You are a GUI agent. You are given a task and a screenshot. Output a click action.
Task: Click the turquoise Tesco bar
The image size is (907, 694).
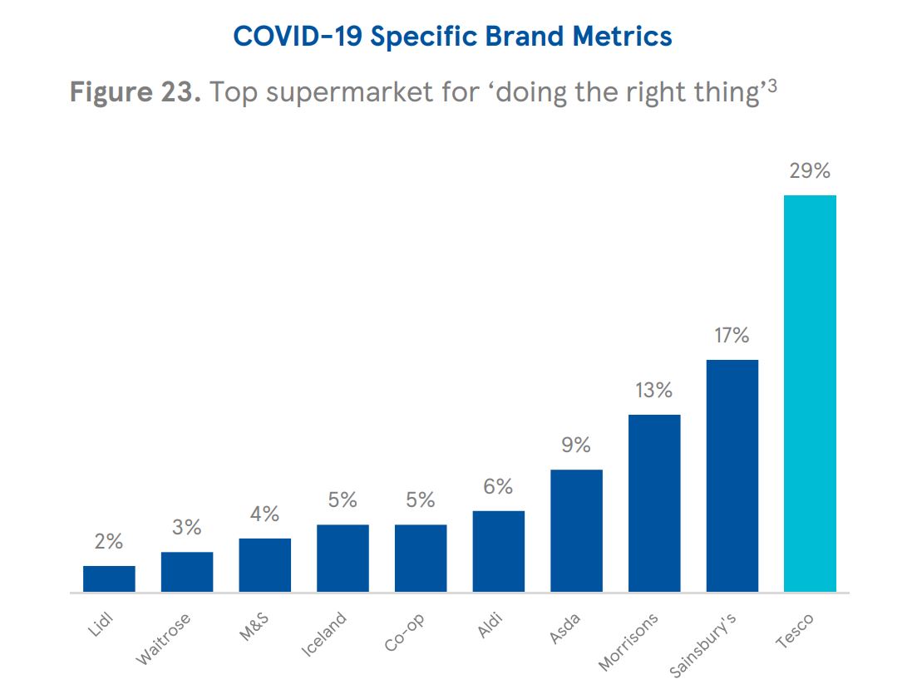tap(810, 393)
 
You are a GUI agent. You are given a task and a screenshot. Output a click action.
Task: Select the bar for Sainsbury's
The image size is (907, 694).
tap(732, 475)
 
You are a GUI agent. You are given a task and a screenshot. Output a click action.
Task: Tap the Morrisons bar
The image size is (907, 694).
tap(654, 503)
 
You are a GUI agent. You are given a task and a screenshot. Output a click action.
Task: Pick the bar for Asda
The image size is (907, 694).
tap(576, 530)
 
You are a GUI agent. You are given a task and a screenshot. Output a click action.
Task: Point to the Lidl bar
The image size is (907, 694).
tap(109, 578)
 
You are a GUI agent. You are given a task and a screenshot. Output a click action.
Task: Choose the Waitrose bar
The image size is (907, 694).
tap(187, 572)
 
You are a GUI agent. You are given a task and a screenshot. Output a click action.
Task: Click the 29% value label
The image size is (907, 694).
tap(810, 171)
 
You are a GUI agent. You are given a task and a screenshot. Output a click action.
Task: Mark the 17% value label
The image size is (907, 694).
tap(732, 336)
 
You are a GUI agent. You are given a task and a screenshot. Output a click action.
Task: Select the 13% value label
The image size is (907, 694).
tap(654, 391)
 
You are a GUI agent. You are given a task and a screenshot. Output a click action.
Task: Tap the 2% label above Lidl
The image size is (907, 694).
tap(109, 542)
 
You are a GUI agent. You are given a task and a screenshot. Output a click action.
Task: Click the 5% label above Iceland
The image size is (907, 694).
tap(343, 500)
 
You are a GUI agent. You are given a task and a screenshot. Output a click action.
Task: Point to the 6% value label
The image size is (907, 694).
tap(498, 487)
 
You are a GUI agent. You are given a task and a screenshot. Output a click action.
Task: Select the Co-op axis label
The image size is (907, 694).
tap(406, 632)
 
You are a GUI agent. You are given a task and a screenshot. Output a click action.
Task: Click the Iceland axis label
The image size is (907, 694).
tap(324, 635)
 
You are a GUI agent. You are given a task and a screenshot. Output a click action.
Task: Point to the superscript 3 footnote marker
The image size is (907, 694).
tap(771, 84)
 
